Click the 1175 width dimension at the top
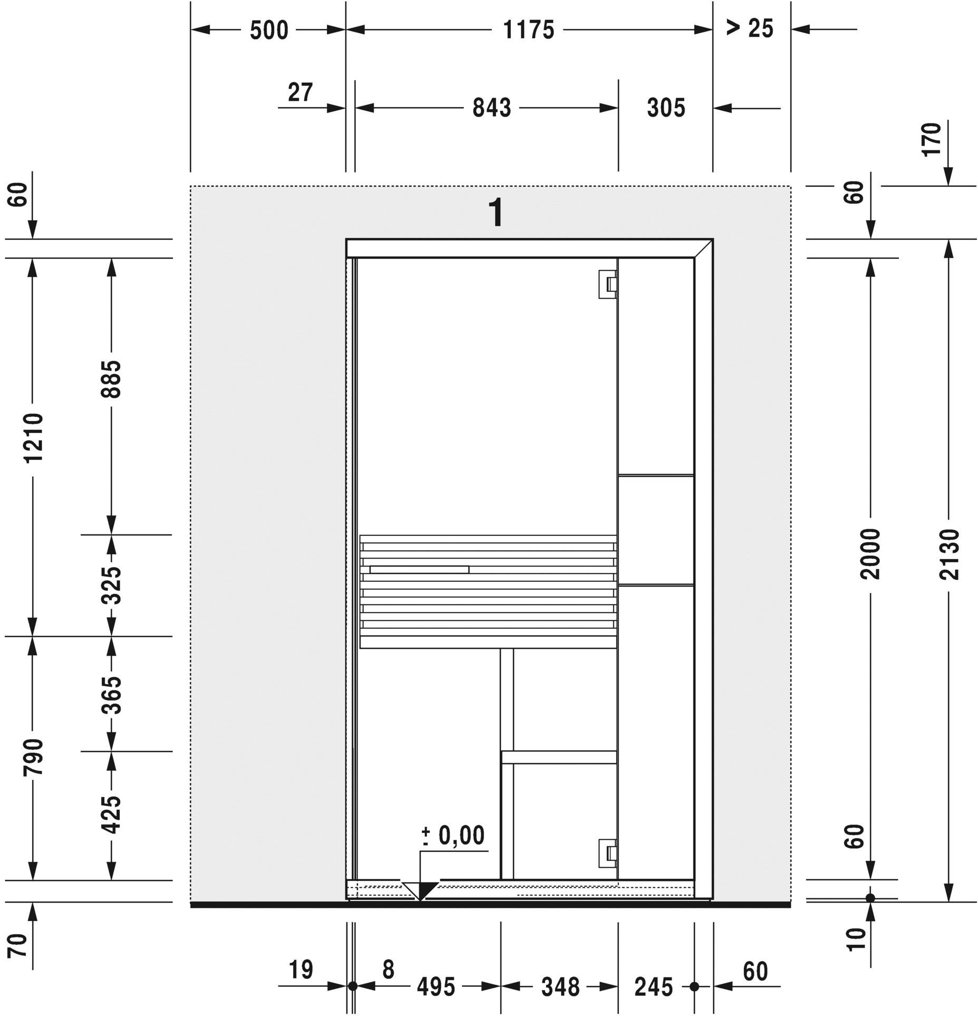[x=528, y=30]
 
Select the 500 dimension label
[x=269, y=31]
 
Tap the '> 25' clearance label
[x=749, y=28]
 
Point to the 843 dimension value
[x=491, y=108]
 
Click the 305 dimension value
[x=666, y=108]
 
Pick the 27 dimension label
[x=300, y=93]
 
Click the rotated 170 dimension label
[x=932, y=139]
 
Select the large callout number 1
[x=496, y=213]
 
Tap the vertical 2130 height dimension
[x=949, y=554]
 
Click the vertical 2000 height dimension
[x=870, y=554]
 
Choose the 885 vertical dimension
[x=111, y=379]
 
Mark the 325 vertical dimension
[x=111, y=586]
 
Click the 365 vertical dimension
[x=111, y=695]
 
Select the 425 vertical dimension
[x=111, y=815]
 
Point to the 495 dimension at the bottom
[x=435, y=986]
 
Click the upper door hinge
[x=607, y=284]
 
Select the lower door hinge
[x=607, y=854]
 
